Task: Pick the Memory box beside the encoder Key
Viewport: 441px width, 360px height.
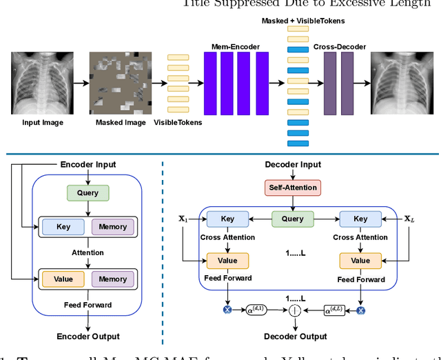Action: (113, 226)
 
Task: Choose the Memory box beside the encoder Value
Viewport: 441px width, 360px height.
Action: (113, 279)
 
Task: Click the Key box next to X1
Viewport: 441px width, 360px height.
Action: (227, 219)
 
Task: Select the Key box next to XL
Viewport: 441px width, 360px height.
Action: (360, 219)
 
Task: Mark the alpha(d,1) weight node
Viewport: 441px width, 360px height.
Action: (255, 311)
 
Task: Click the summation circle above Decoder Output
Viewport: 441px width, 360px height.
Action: (294, 311)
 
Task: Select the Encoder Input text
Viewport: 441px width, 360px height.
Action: (87, 165)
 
